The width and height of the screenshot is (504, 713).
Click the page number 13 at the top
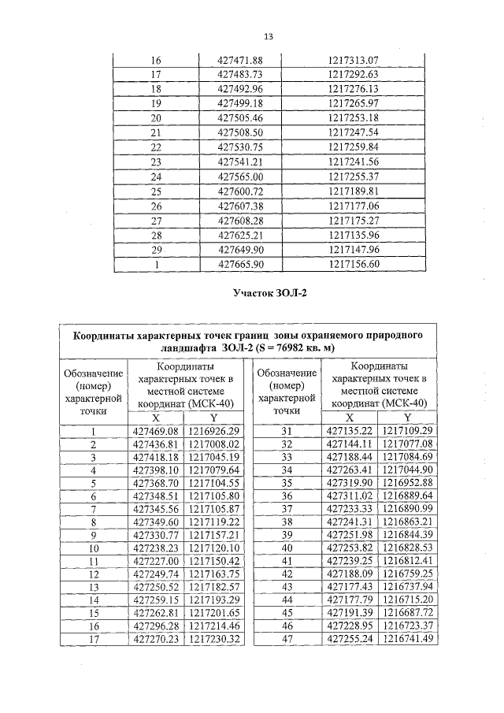coord(268,37)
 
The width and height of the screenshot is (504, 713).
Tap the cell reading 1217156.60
coord(354,264)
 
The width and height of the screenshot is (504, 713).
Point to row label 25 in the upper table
coord(155,191)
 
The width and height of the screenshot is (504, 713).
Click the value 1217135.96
coord(354,235)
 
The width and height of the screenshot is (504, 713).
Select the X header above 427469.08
coord(155,418)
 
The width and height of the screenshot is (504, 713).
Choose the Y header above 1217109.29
coord(407,418)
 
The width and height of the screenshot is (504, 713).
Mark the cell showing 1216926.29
coord(212,432)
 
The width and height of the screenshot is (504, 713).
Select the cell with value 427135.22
coord(350,432)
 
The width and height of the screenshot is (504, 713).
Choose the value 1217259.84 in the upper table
coord(354,147)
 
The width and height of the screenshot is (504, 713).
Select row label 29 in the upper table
coord(155,249)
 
